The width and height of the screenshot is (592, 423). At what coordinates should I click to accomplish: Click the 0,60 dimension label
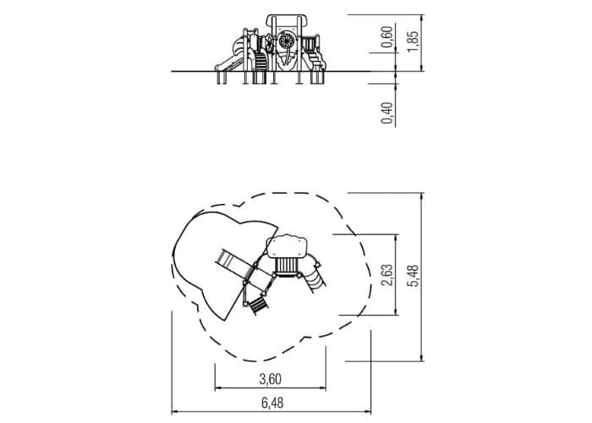point(387,37)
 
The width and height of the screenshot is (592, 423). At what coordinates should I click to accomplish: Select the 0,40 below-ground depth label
point(387,113)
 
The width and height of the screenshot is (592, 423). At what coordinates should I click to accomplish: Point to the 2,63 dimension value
point(387,275)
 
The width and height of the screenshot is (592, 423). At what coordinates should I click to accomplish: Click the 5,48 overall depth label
point(414,276)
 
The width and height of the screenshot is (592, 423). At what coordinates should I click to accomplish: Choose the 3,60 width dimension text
point(271,379)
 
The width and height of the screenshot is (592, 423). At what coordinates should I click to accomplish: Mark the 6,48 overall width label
point(272,403)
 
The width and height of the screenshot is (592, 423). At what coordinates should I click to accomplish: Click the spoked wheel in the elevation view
point(287,41)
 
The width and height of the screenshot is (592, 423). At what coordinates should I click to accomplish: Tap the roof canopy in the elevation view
point(286,21)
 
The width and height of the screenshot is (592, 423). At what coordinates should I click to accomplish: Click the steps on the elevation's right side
point(316,61)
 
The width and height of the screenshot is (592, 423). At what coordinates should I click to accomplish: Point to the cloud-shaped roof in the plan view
point(287,246)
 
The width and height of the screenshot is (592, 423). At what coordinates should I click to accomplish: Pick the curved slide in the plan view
point(314,272)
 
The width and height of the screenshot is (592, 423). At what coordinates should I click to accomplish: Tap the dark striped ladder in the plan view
point(259,305)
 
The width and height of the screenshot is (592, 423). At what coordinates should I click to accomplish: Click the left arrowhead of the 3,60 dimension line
point(218,387)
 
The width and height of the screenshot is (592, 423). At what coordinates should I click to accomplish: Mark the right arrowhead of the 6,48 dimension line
point(368,412)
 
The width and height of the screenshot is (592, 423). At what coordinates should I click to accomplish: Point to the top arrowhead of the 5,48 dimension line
point(422,195)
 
